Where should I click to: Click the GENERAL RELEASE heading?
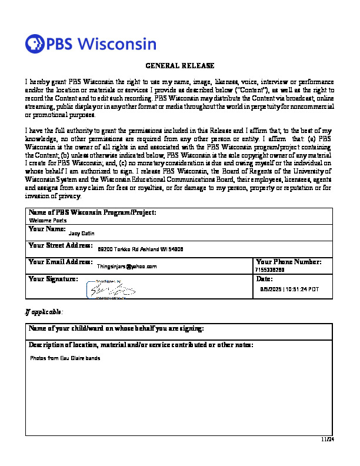pos(180,66)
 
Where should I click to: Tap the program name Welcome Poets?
pos(48,220)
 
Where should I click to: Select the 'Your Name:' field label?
pos(47,228)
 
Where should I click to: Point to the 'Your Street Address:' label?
pos(60,245)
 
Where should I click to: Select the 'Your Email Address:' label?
pos(60,261)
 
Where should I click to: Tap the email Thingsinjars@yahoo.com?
pos(126,267)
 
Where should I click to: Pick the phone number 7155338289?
pos(270,269)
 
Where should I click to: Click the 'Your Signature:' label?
pos(53,279)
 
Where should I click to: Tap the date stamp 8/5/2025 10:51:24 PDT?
pos(289,289)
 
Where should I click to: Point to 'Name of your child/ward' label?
pos(116,328)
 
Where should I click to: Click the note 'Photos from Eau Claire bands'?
pos(65,358)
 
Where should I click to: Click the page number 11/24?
pos(327,439)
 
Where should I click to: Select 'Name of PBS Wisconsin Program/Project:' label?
pos(92,212)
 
